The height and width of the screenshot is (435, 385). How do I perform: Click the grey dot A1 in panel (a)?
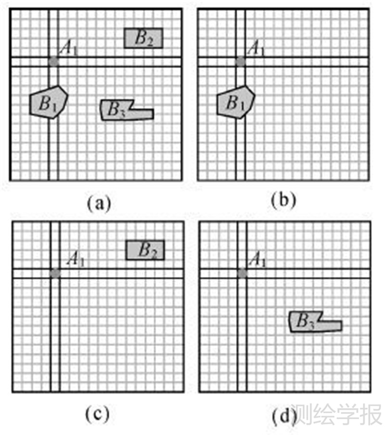pyautogui.click(x=53, y=62)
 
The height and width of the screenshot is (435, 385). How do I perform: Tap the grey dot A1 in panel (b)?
pyautogui.click(x=241, y=62)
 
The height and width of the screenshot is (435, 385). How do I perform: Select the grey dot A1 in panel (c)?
pyautogui.click(x=55, y=273)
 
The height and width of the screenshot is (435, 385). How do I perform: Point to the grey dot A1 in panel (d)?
pyautogui.click(x=242, y=273)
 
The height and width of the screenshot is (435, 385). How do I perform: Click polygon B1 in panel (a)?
pyautogui.click(x=47, y=101)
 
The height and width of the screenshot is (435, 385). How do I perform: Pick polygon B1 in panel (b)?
pyautogui.click(x=235, y=101)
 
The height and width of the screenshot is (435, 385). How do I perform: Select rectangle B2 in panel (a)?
pyautogui.click(x=143, y=38)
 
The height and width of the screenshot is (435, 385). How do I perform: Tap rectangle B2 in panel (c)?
pyautogui.click(x=145, y=250)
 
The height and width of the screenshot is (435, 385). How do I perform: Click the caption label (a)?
pyautogui.click(x=99, y=202)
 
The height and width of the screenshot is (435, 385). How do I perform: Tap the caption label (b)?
pyautogui.click(x=282, y=202)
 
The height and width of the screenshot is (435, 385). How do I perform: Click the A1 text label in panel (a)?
pyautogui.click(x=69, y=48)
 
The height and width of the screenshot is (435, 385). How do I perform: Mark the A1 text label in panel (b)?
pyautogui.click(x=256, y=48)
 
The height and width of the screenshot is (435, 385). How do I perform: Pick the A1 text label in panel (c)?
pyautogui.click(x=76, y=261)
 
